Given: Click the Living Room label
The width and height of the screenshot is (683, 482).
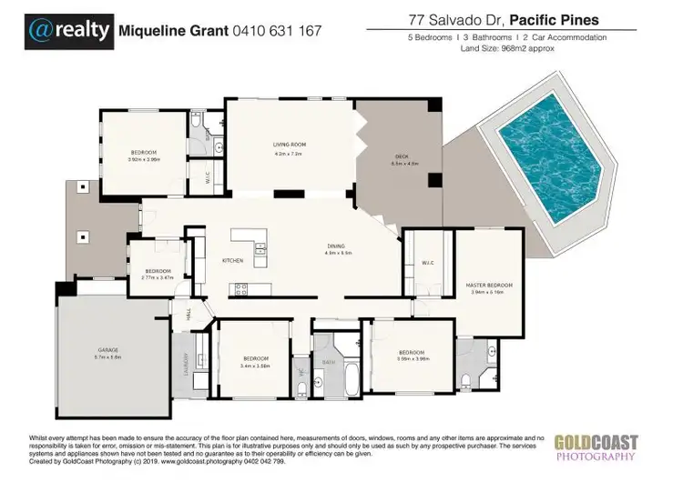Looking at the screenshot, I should click(289, 145).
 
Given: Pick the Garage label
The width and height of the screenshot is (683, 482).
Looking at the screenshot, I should click(109, 349).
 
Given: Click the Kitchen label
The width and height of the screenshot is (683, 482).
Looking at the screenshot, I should click(233, 261).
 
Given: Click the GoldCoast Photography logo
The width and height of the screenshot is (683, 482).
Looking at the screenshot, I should click(596, 446).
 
